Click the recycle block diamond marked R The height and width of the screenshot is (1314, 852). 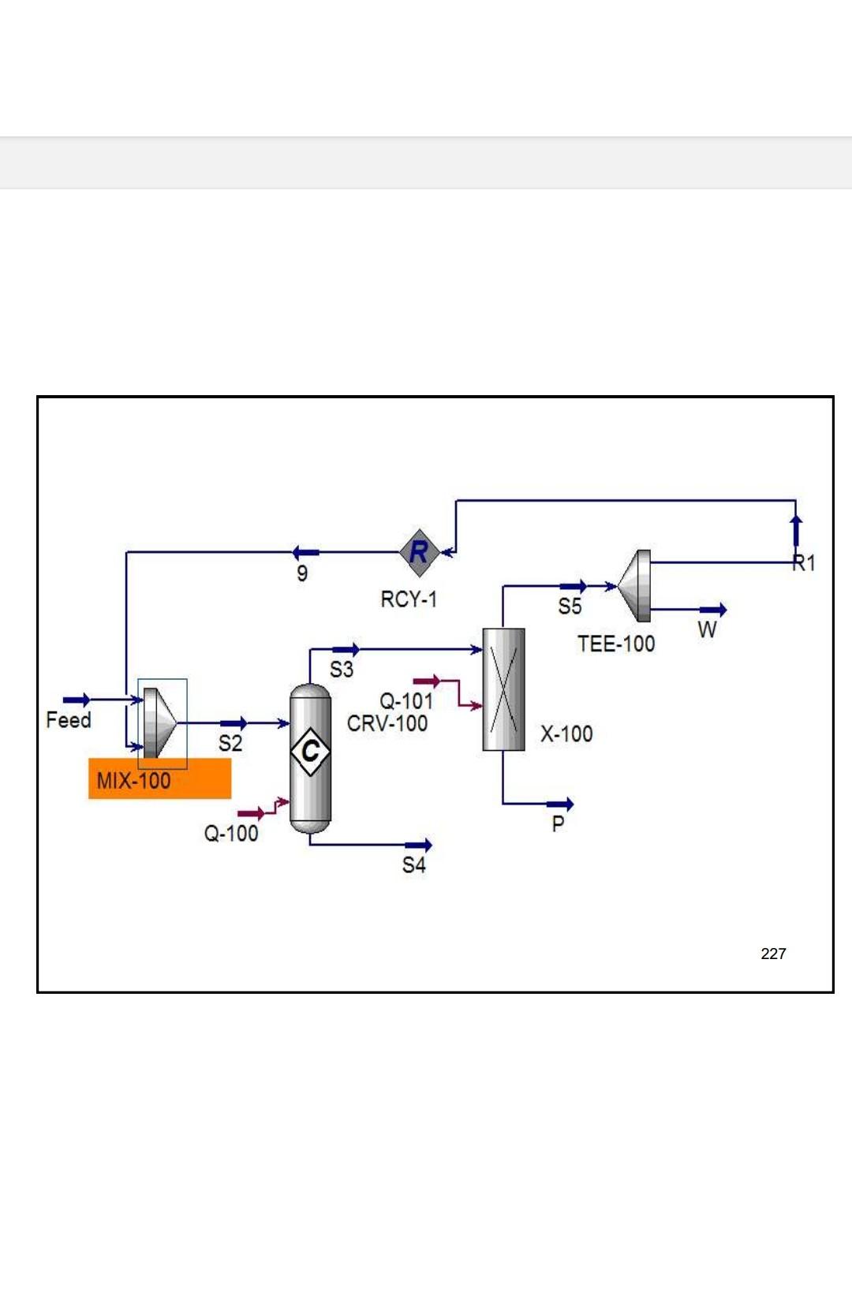coord(419,552)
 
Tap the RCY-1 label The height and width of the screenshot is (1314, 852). coord(408,599)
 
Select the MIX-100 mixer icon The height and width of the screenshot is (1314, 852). coord(160,723)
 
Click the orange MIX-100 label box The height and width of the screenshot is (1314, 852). coord(159,780)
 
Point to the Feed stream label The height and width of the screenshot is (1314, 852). coord(69,720)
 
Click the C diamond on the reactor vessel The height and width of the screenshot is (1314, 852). coord(310,751)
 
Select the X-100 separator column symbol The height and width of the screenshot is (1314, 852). coord(503,689)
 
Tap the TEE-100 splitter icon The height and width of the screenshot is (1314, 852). coord(636,586)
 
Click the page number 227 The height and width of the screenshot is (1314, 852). coord(773,954)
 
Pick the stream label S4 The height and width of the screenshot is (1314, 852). coord(413,865)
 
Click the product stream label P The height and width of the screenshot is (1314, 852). coord(558,824)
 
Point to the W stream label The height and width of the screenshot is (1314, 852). coord(707,629)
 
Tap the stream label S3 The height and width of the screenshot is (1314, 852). coord(341,670)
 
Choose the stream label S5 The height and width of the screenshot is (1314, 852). coord(570,607)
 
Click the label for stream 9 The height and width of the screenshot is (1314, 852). coord(301,573)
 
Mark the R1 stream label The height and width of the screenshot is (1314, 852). coord(804,563)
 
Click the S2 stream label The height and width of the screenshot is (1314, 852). coord(230,743)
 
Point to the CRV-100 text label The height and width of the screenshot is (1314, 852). coord(387,723)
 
